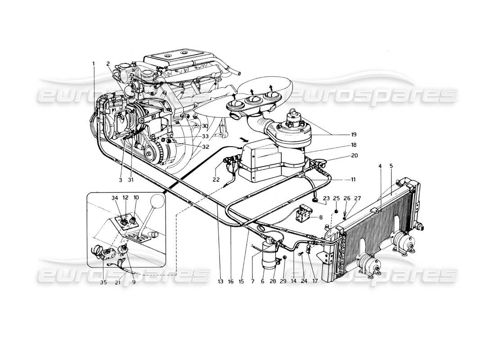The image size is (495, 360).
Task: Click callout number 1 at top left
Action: point(94,63)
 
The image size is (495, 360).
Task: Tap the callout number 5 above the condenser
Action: point(391,166)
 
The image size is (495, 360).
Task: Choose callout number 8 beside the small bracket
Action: point(321,216)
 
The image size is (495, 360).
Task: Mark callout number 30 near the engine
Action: point(205,126)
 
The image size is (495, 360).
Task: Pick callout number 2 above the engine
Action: point(108,63)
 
